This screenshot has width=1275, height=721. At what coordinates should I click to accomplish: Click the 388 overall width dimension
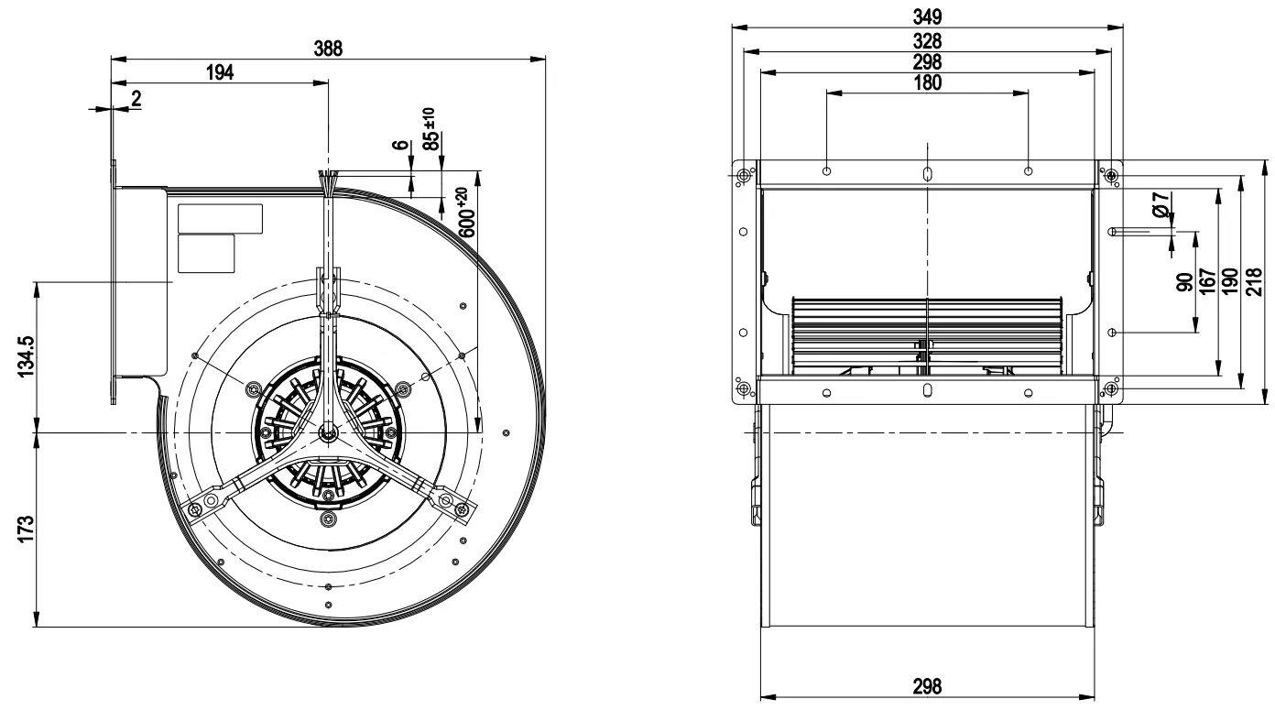[329, 49]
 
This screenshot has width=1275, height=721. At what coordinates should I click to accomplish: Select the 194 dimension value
[220, 72]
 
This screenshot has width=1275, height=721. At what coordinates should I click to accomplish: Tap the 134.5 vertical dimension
[27, 356]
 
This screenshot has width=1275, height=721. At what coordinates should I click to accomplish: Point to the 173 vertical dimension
[27, 530]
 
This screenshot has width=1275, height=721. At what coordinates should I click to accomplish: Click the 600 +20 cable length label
[466, 213]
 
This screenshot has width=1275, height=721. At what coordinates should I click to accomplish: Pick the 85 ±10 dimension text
[432, 129]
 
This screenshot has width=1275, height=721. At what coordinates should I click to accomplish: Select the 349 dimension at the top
[927, 17]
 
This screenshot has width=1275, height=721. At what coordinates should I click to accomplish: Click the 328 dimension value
[927, 41]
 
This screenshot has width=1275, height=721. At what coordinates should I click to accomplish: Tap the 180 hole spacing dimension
[927, 83]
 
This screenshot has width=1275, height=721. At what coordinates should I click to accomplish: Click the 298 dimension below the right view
[927, 686]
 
